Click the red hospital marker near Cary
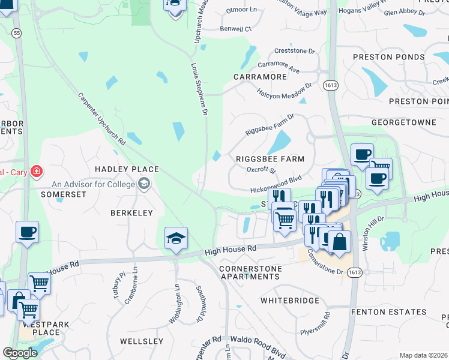tap(37, 172)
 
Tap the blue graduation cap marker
tap(176, 238)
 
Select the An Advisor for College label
tap(94, 184)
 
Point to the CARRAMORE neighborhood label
tap(261, 77)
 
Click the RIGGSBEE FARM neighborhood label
tap(270, 159)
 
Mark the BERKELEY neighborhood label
tap(131, 213)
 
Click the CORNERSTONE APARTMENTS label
tap(250, 272)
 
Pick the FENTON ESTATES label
tap(388, 313)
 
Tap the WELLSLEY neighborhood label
tap(142, 341)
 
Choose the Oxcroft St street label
tap(261, 170)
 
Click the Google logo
tap(20, 353)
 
